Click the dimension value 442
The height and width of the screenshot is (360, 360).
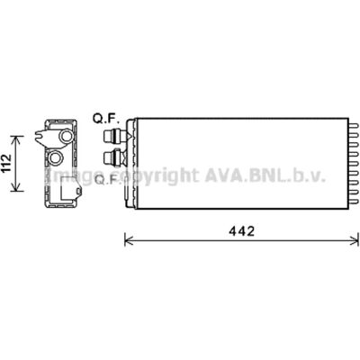coord(242,231)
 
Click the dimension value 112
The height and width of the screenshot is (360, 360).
coord(6,163)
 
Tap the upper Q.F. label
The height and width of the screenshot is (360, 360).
coord(106,120)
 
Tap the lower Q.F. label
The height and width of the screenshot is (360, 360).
coord(107,180)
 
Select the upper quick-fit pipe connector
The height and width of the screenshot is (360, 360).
coord(116,137)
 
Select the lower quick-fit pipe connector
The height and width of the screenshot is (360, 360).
coord(115,157)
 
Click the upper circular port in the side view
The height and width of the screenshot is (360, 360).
coord(66,136)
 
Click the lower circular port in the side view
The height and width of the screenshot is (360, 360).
coord(55,157)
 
